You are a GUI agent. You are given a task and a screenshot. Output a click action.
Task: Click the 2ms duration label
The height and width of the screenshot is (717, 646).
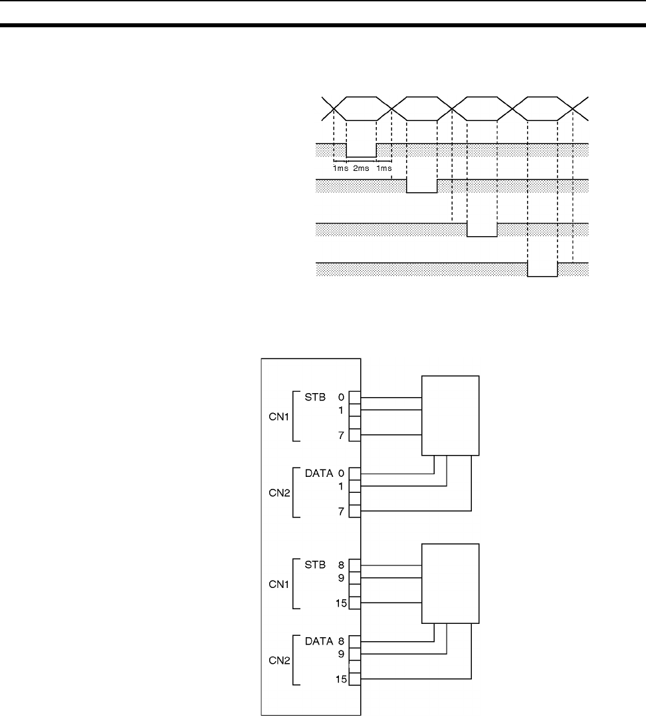click(x=361, y=169)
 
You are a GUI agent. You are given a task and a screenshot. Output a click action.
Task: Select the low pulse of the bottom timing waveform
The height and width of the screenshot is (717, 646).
click(x=542, y=269)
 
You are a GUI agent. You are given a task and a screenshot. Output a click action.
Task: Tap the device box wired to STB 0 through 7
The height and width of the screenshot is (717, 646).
click(x=450, y=416)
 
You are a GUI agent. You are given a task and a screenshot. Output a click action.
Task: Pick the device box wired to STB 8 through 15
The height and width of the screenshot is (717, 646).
click(x=450, y=583)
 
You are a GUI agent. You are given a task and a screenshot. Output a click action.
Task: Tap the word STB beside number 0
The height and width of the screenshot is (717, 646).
click(x=316, y=398)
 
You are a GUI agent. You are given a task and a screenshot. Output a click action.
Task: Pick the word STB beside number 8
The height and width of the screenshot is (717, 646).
click(x=316, y=565)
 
